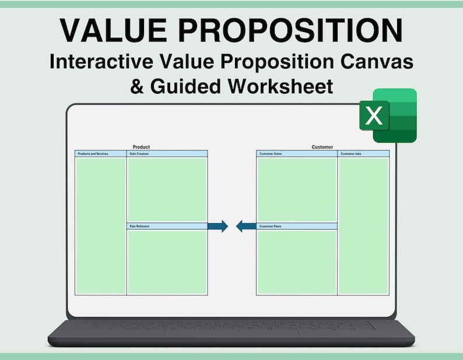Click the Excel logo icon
coord(388,115)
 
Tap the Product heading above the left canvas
coord(141,147)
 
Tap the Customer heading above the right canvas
coord(322,147)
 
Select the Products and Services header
coord(93,154)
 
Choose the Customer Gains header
coord(271,154)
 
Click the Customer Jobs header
coord(351,154)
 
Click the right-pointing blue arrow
coord(218,226)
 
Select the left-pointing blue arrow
coord(246,226)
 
